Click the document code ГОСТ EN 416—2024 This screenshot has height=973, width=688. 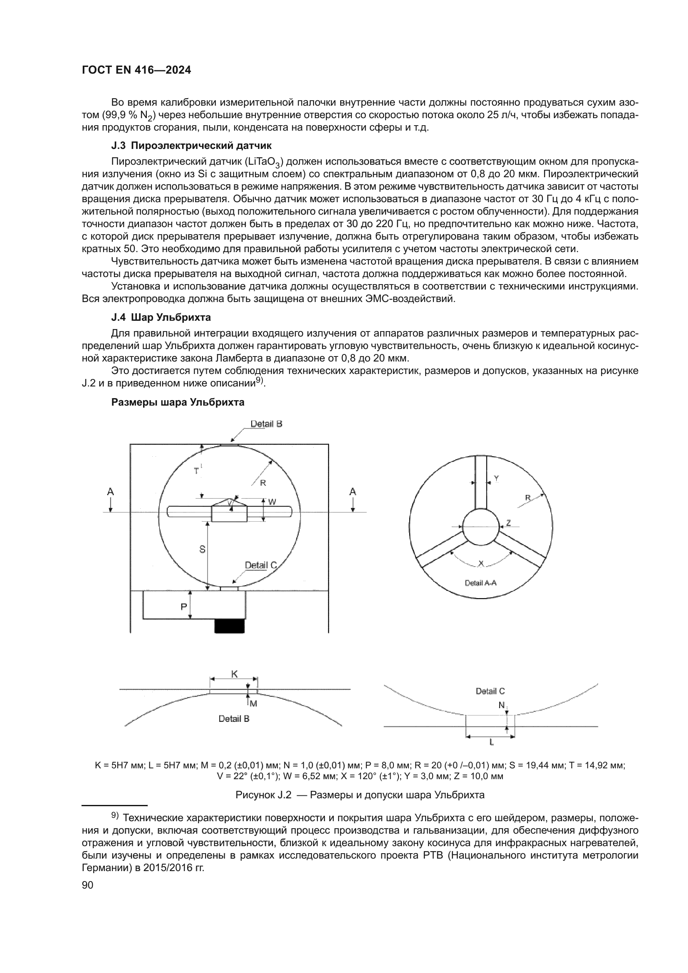pyautogui.click(x=136, y=70)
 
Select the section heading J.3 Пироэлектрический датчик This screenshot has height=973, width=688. pyautogui.click(x=191, y=146)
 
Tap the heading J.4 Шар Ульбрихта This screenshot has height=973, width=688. pyautogui.click(x=161, y=317)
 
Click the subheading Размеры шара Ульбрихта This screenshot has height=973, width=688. pyautogui.click(x=178, y=402)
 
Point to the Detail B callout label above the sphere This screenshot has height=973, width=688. pyautogui.click(x=266, y=424)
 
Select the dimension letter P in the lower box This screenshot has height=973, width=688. pyautogui.click(x=183, y=607)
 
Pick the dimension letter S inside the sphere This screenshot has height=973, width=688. pyautogui.click(x=202, y=549)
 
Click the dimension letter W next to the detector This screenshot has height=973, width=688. pyautogui.click(x=272, y=502)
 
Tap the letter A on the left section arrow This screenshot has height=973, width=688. pyautogui.click(x=110, y=492)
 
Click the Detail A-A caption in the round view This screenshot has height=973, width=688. pyautogui.click(x=480, y=583)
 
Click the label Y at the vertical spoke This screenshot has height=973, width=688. pyautogui.click(x=496, y=478)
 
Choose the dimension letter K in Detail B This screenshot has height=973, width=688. pyautogui.click(x=234, y=674)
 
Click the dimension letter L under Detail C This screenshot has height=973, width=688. pyautogui.click(x=491, y=742)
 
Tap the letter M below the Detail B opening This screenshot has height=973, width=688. pyautogui.click(x=253, y=703)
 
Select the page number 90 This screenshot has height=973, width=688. pyautogui.click(x=87, y=885)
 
